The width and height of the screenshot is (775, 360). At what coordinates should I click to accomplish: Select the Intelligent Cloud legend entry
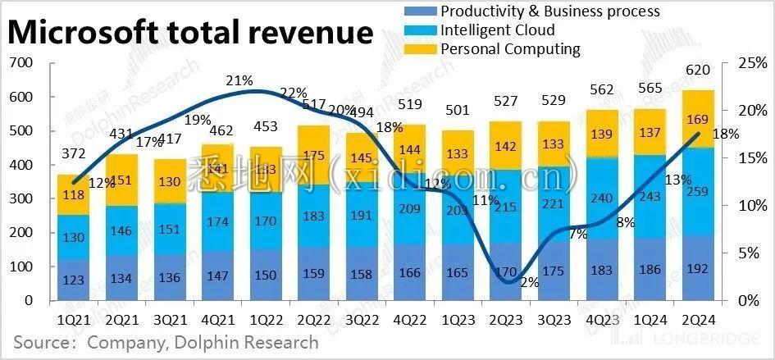pos(497,30)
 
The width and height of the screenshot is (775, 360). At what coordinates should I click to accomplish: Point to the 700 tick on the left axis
pos(21,63)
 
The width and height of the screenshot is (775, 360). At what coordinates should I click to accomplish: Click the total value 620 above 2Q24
pos(699,78)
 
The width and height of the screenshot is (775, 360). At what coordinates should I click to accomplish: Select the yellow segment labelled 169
pos(699,120)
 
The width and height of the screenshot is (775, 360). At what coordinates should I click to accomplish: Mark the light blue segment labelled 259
pos(699,194)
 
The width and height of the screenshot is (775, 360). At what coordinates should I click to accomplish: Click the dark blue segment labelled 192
pos(699,268)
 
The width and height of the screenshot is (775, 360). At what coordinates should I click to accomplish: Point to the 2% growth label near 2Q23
pos(529,283)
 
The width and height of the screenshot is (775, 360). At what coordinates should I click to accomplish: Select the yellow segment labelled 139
pos(603,133)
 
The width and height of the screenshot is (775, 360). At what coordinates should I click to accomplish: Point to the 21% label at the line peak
pos(239,80)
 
